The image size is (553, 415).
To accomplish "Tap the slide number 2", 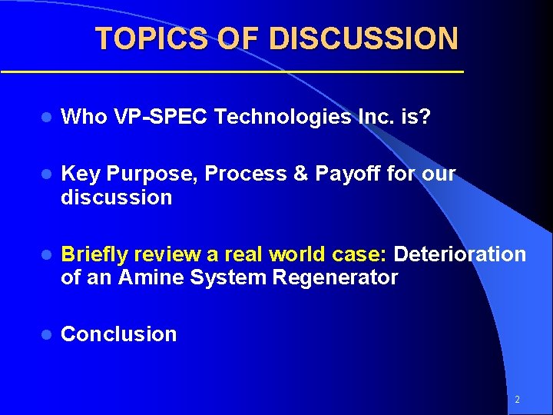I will point(517,400).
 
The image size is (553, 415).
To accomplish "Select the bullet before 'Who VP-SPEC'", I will point(46,117).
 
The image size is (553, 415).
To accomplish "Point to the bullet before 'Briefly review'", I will point(46,254).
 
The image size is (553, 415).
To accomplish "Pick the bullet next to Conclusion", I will point(46,334).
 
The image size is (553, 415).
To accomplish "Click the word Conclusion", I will point(118,334).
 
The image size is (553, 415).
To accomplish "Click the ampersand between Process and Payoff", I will point(301,174).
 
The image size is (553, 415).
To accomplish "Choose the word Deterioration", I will point(460,254).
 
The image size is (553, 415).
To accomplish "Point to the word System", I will point(225,277).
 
